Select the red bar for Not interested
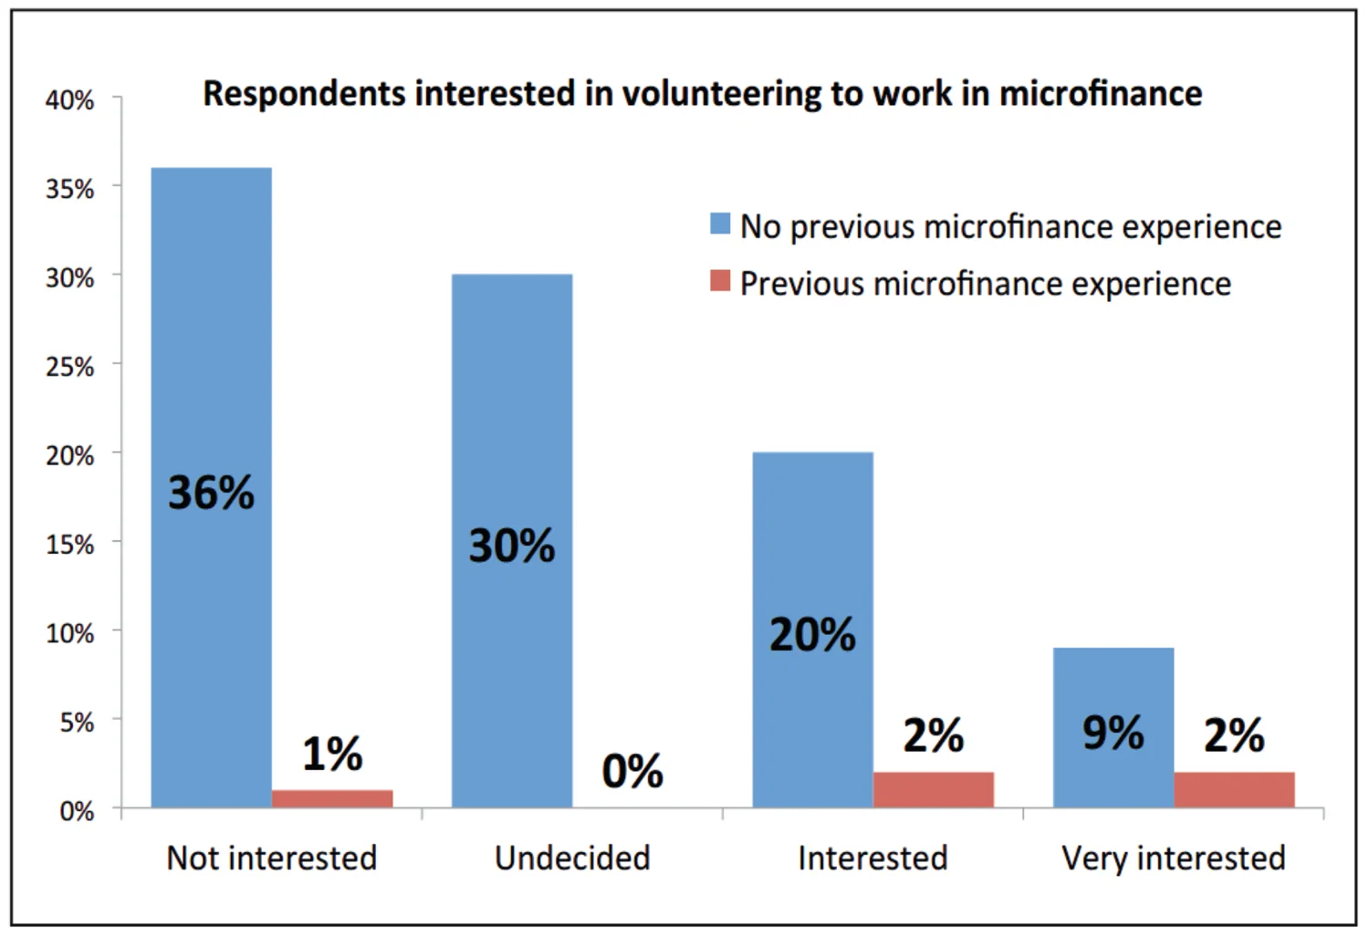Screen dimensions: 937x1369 tap(332, 798)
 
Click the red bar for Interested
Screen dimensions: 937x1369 tap(933, 790)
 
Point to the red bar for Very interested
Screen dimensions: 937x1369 tap(1234, 790)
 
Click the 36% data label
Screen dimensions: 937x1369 tap(211, 493)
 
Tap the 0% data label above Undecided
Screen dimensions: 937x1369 tap(632, 771)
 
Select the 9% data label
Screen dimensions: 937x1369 tap(1113, 733)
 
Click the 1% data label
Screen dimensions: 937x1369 tap(332, 754)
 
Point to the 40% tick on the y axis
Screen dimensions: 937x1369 tap(69, 100)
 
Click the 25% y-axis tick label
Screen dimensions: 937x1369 tap(69, 367)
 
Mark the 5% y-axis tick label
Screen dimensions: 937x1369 tap(77, 723)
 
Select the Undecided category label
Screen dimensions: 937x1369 tap(572, 858)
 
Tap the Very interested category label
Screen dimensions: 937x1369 tap(1174, 858)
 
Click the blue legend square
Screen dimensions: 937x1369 tap(720, 224)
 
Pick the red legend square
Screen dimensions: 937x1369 tap(720, 281)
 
